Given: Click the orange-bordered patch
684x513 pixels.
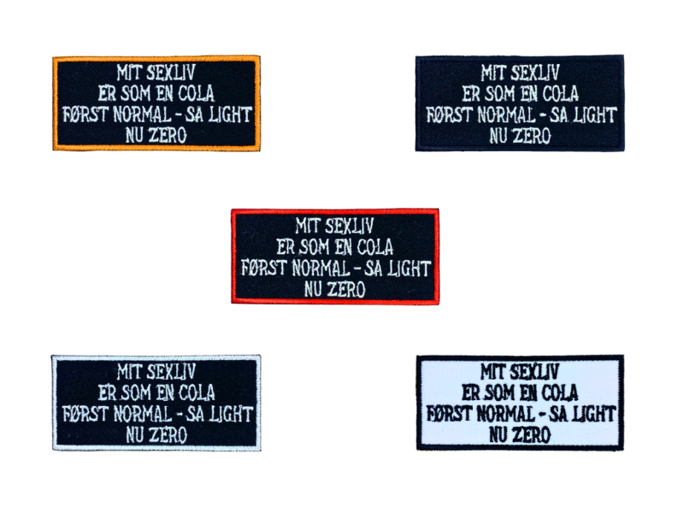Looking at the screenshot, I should (156, 103).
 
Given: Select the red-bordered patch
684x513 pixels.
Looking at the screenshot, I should (335, 256).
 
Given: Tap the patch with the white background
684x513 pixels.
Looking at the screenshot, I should (520, 403).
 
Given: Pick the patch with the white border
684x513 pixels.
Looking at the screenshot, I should (156, 403).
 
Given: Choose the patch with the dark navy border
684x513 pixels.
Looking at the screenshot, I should (520, 103).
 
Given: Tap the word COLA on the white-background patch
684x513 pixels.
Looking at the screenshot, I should (554, 393).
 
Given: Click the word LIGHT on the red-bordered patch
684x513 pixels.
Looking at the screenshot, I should (407, 268).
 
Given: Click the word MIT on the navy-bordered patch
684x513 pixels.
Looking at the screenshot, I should (494, 74).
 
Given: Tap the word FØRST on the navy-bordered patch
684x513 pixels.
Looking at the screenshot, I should (445, 114).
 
